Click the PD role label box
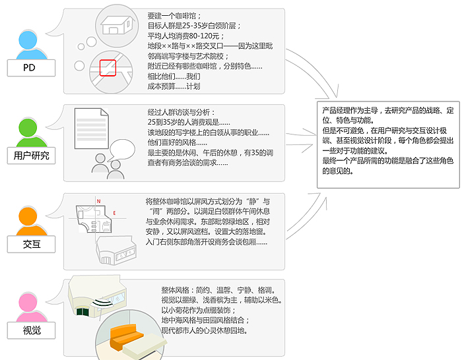[x=31, y=68]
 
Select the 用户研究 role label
[x=31, y=156]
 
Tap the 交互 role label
[x=31, y=244]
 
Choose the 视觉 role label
[x=31, y=330]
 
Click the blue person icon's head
[x=28, y=40]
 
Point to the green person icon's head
[x=28, y=128]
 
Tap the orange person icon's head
[x=28, y=216]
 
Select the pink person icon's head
[x=28, y=302]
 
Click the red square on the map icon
[x=108, y=68]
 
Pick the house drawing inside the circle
[x=117, y=25]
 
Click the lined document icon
[x=92, y=129]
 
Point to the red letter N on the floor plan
[x=99, y=201]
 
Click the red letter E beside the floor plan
[x=114, y=213]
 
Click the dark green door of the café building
[x=82, y=311]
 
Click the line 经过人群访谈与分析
[x=179, y=113]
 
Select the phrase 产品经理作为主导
[x=350, y=110]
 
